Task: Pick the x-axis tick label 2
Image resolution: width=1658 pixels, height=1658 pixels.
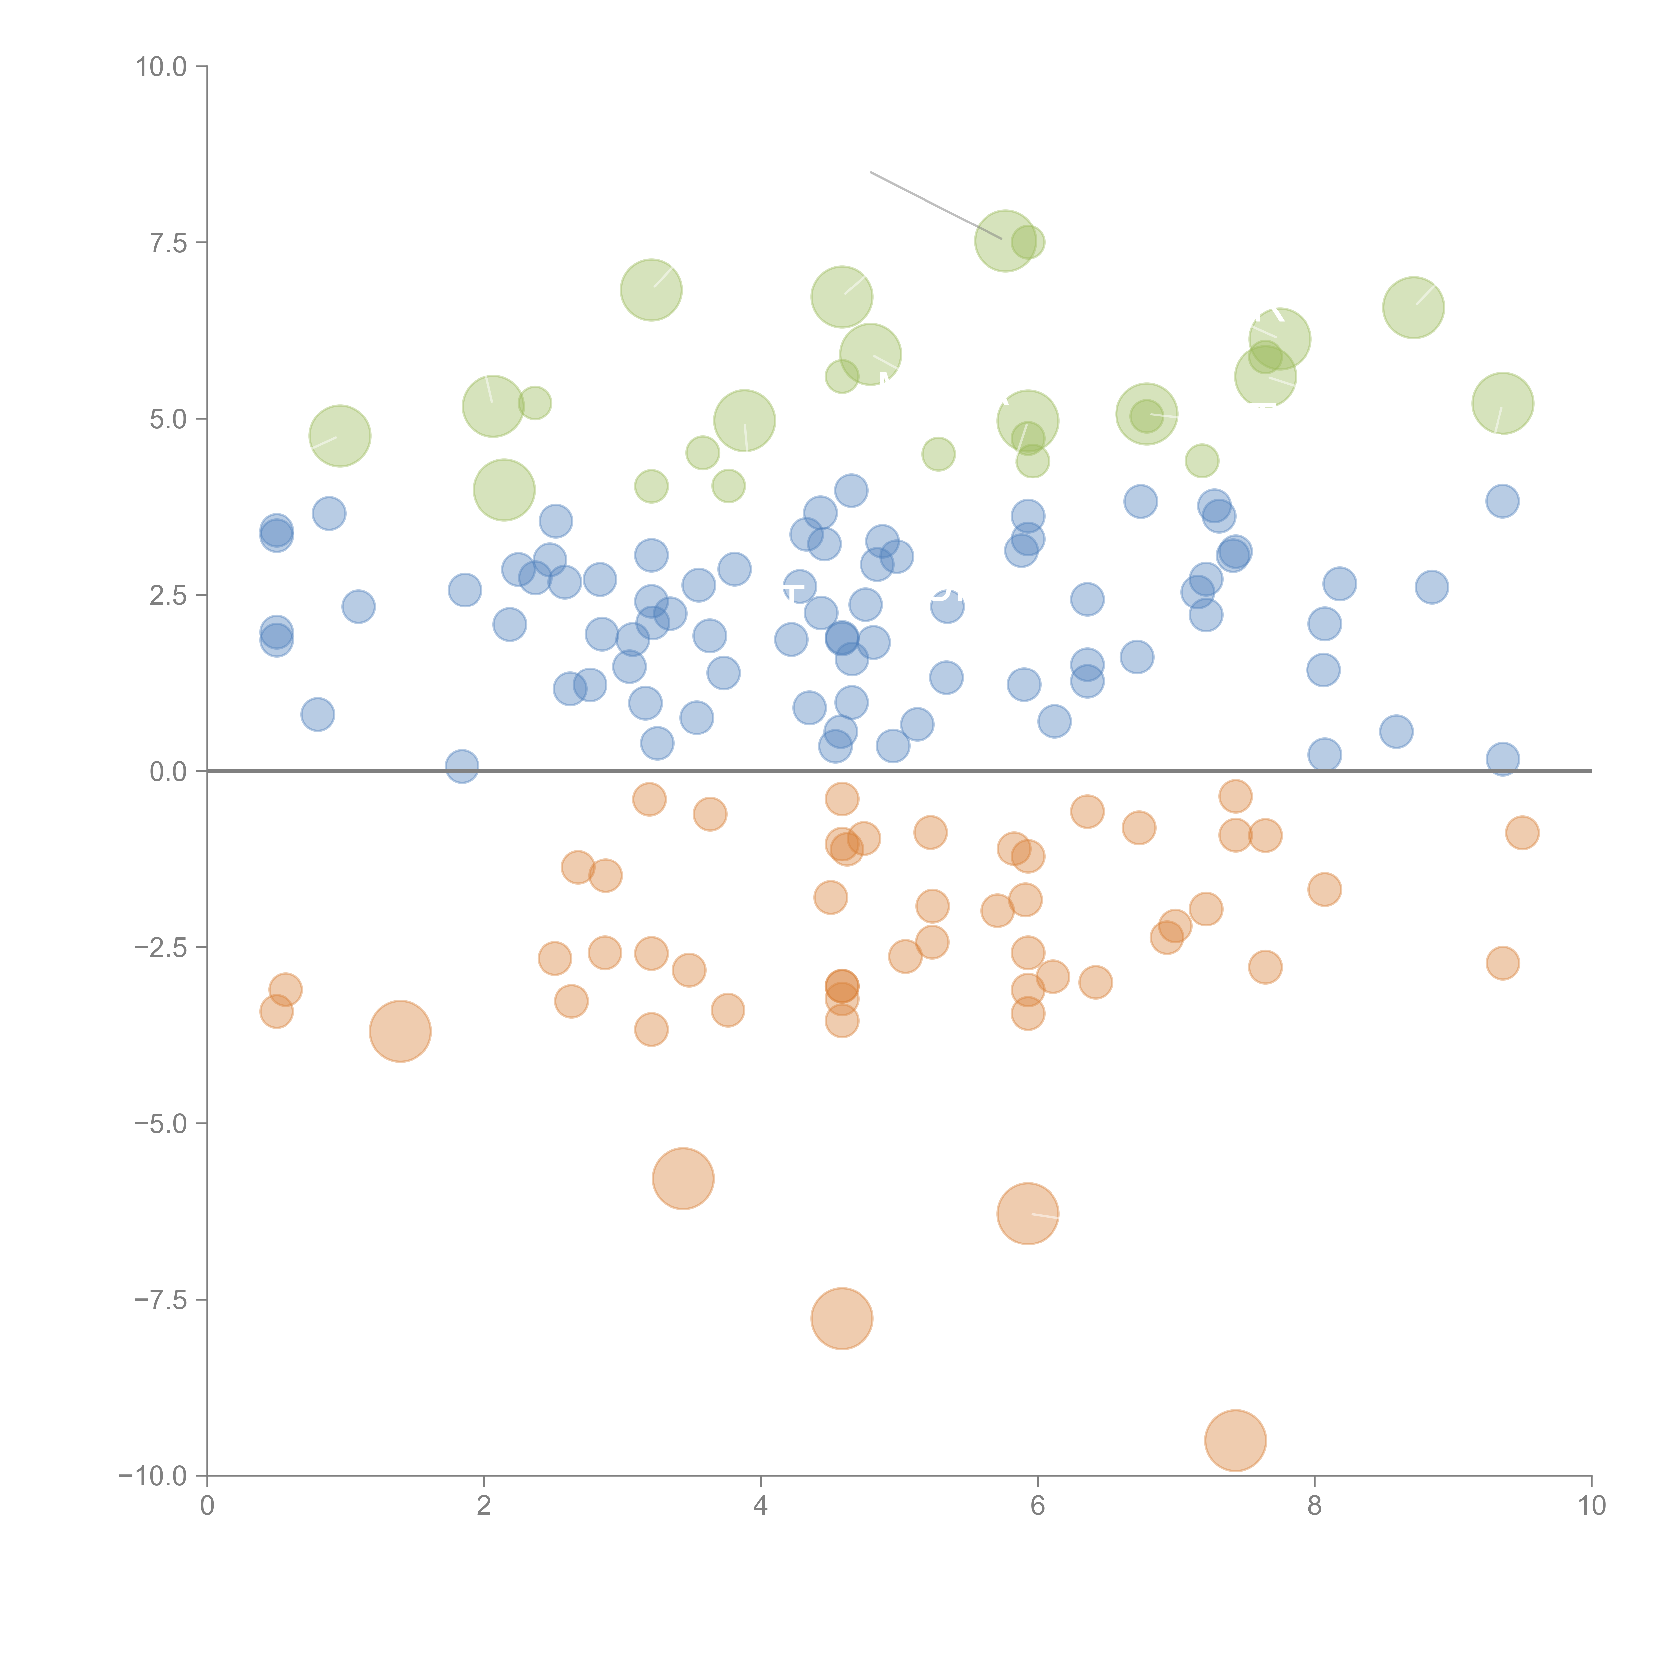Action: [484, 1506]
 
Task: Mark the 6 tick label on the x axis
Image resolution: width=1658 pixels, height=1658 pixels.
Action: [1038, 1506]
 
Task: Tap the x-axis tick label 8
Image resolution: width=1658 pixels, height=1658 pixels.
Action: [1315, 1506]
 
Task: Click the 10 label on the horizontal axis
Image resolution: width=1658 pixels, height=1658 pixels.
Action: [1591, 1506]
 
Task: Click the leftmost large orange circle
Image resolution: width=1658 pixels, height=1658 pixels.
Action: [400, 1032]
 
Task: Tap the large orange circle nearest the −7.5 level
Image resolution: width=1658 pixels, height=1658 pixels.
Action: [842, 1318]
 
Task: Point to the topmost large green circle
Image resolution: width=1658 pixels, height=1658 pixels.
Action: [1006, 240]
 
